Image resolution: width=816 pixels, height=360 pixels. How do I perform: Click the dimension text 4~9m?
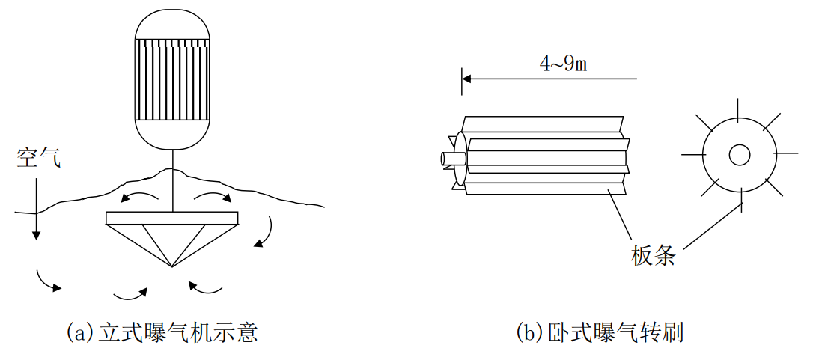pyautogui.click(x=563, y=64)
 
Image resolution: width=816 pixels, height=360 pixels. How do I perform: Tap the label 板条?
pyautogui.click(x=654, y=256)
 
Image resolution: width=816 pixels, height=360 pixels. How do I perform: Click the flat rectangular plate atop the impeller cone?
pyautogui.click(x=172, y=218)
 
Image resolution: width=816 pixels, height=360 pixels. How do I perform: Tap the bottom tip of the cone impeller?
pyautogui.click(x=172, y=266)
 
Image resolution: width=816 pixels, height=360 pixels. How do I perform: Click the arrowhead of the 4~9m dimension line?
pyautogui.click(x=466, y=77)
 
